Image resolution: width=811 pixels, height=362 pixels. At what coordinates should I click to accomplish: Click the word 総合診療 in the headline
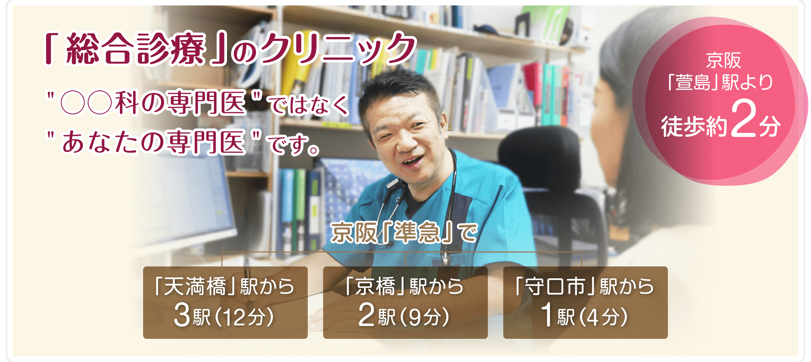136,49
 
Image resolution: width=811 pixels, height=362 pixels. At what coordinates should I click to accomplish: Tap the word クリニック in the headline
339,49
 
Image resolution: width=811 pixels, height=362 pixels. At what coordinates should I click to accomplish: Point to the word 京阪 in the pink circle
723,60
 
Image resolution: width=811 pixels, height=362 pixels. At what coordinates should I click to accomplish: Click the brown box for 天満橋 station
225,303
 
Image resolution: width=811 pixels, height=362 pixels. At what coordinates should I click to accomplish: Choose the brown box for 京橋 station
405,303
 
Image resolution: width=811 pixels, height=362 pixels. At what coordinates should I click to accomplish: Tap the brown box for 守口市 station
585,303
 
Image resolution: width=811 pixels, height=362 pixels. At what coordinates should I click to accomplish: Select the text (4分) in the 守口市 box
603,317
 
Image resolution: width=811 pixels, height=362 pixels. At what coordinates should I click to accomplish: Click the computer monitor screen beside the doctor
188,195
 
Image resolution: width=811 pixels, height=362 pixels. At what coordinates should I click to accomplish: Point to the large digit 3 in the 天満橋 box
182,315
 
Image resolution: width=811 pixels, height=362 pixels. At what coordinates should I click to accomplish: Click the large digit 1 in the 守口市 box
547,315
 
